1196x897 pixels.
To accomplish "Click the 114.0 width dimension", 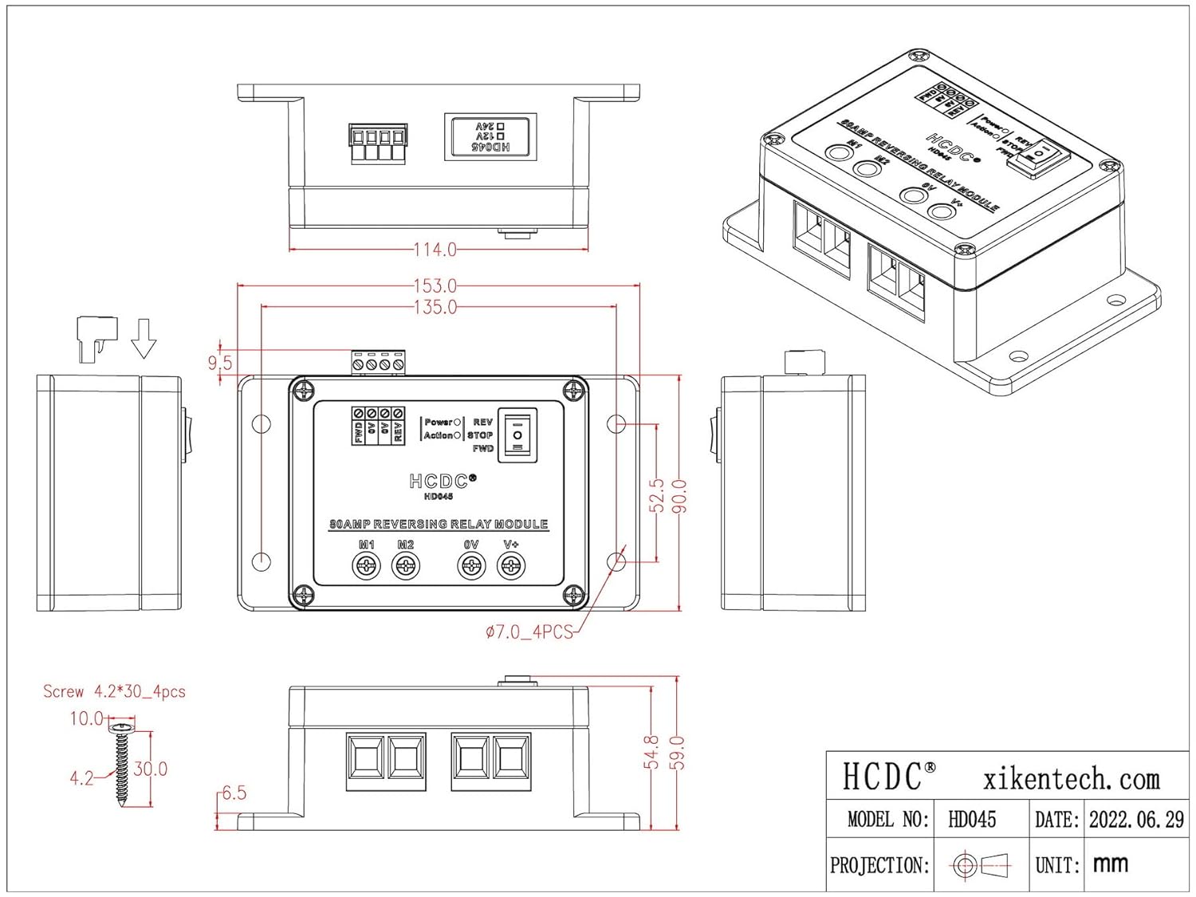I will [x=435, y=250].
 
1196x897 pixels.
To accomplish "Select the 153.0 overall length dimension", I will [x=435, y=285].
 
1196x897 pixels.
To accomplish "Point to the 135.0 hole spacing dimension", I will [x=435, y=307].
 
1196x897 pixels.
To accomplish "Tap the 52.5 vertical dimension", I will [x=656, y=495].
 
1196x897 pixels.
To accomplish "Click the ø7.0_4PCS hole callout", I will [x=529, y=632].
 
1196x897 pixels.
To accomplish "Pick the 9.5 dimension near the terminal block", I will [x=220, y=363].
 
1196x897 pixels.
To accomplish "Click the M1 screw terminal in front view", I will [x=366, y=566].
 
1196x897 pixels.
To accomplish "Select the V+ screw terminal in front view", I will [x=510, y=566].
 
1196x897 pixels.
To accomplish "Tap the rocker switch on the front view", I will [x=518, y=435].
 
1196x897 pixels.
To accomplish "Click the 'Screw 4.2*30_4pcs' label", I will [x=114, y=691].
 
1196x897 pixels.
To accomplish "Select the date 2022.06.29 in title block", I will [x=1136, y=820].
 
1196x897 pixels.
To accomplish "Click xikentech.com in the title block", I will [x=1072, y=778].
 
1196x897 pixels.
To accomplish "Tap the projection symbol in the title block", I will [x=981, y=865].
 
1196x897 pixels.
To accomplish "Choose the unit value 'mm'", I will [x=1110, y=864].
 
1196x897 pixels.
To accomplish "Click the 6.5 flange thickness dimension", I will [x=234, y=793].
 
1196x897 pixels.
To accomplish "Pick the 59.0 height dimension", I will [x=677, y=753].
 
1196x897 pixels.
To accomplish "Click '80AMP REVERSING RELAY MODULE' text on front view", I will [x=439, y=525].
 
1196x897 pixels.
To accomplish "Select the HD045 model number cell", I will [x=972, y=820].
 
